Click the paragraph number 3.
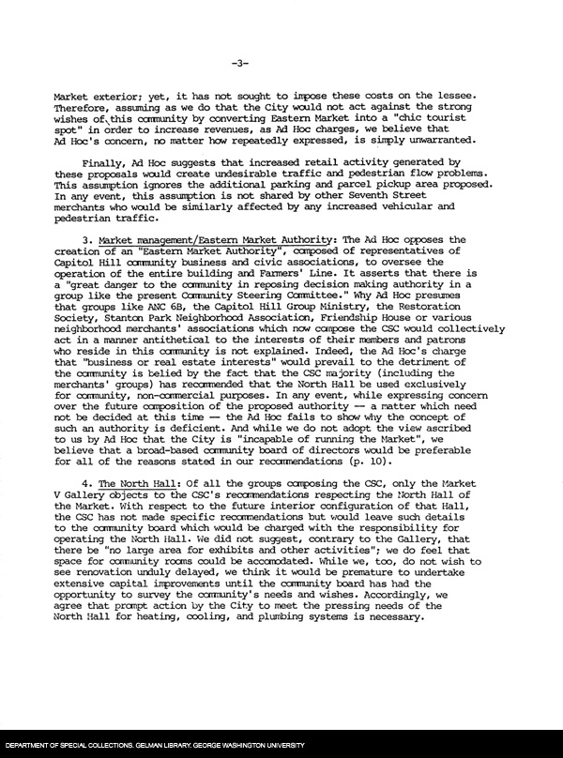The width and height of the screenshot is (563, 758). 85,241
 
